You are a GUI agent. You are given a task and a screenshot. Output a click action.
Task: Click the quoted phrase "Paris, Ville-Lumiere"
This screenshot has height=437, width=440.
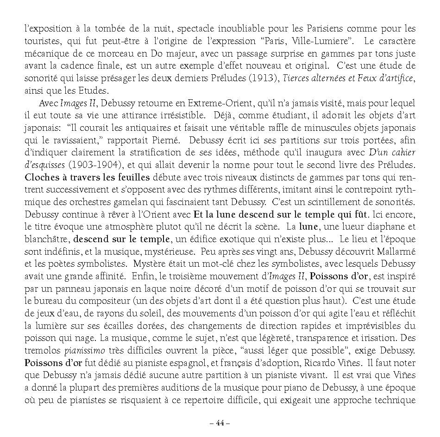tap(303, 41)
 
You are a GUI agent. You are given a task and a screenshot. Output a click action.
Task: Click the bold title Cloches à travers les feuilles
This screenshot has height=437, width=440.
tap(87, 176)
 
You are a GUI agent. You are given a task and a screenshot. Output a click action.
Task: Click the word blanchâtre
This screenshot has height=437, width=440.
tap(47, 239)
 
